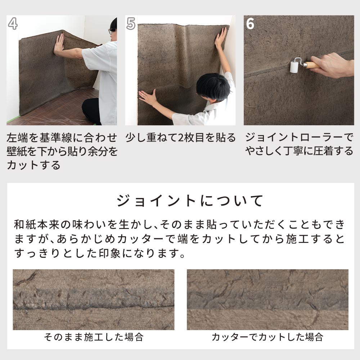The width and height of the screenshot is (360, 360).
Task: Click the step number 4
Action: point(13,23)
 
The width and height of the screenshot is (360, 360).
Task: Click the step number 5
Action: point(131,23)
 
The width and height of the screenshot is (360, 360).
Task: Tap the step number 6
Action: point(250,23)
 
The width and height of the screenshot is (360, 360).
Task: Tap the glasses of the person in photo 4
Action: point(111,31)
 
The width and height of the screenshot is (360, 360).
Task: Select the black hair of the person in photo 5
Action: point(212,86)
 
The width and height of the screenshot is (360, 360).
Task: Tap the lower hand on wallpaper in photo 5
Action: point(147,97)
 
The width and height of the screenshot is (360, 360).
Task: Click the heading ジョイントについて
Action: point(190,201)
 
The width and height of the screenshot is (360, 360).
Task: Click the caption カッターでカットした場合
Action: point(267,337)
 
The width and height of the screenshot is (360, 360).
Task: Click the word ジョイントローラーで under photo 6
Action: point(299,138)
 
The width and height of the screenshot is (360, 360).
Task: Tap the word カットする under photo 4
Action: point(33,165)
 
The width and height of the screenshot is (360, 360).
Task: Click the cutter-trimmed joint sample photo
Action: point(267,300)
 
